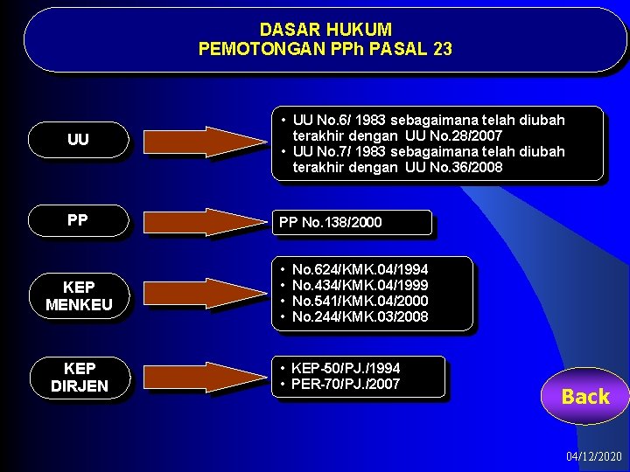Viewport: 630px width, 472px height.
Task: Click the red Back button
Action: pos(584,397)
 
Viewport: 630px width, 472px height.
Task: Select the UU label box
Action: pos(79,140)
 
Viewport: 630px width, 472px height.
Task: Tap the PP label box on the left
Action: pos(79,220)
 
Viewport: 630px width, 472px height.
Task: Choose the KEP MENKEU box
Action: pos(79,295)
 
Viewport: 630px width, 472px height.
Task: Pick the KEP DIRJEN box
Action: pos(79,377)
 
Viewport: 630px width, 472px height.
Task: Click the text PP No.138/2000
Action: pos(331,223)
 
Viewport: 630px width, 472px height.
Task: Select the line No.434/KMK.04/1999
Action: pos(360,286)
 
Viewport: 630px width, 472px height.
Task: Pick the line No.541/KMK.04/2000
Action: pos(360,302)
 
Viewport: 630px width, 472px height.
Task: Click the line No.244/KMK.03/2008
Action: pos(360,317)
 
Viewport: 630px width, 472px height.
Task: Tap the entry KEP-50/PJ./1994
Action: pos(346,369)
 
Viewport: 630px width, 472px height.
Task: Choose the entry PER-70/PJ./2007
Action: pos(346,385)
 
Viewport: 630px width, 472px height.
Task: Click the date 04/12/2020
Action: pos(594,457)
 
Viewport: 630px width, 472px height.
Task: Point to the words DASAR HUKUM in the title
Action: pos(325,30)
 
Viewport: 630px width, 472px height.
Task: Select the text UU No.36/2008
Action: pos(453,167)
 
